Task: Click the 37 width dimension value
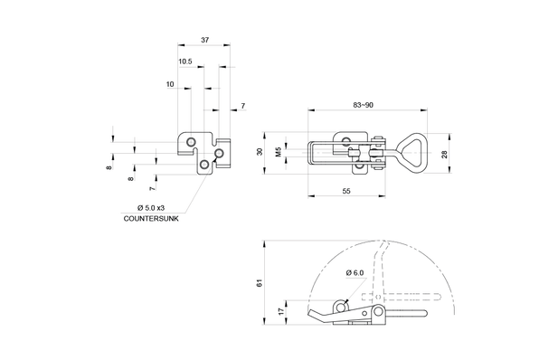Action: [x=204, y=40]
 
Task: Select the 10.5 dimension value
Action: [x=185, y=62]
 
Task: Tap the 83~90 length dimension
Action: [x=363, y=105]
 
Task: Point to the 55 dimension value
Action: [x=346, y=191]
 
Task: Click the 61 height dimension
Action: [x=260, y=283]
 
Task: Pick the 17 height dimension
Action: [x=281, y=311]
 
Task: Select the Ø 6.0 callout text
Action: [x=355, y=273]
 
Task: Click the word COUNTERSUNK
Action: [x=151, y=219]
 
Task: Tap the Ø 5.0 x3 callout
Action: [x=151, y=208]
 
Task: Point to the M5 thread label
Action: [x=279, y=152]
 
